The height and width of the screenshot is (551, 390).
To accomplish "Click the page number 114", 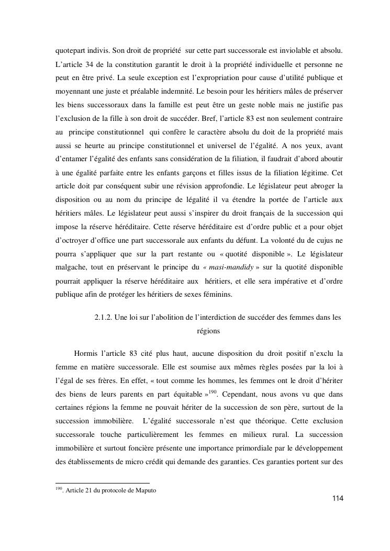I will tap(337, 499).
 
